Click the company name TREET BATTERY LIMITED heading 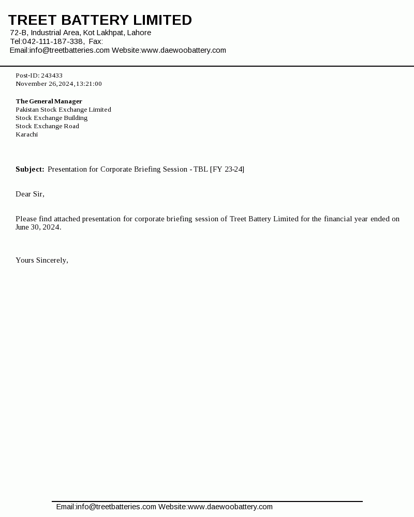click(100, 20)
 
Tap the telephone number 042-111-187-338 click(53, 41)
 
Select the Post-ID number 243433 click(52, 75)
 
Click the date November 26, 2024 click(45, 84)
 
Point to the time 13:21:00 click(89, 84)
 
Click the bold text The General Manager click(49, 101)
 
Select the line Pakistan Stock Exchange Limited click(63, 110)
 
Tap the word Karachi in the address click(26, 134)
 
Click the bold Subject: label click(29, 169)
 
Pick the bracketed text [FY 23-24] click(227, 169)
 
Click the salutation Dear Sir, click(30, 194)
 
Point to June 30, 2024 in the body click(38, 227)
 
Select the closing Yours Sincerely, click(42, 260)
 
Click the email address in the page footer click(116, 507)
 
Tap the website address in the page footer click(230, 507)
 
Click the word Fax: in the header click(96, 41)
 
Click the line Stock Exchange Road click(47, 126)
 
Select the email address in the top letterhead click(69, 50)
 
